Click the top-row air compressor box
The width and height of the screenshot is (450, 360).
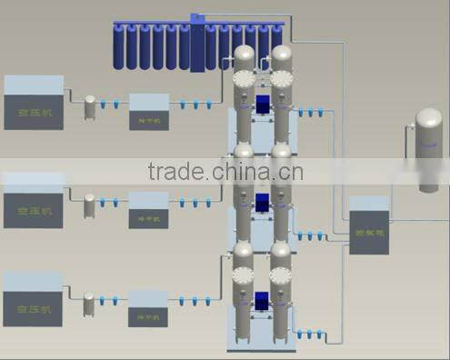34,102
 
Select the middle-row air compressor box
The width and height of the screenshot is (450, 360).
34,202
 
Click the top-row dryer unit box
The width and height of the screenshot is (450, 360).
148,110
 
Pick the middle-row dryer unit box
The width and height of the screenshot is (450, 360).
148,209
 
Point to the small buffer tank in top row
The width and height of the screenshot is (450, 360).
90,107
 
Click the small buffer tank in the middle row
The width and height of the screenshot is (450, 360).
90,205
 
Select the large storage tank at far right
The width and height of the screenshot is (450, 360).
428,150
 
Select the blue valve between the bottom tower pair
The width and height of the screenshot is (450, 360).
264,299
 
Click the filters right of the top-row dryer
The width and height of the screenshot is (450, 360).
194,105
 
